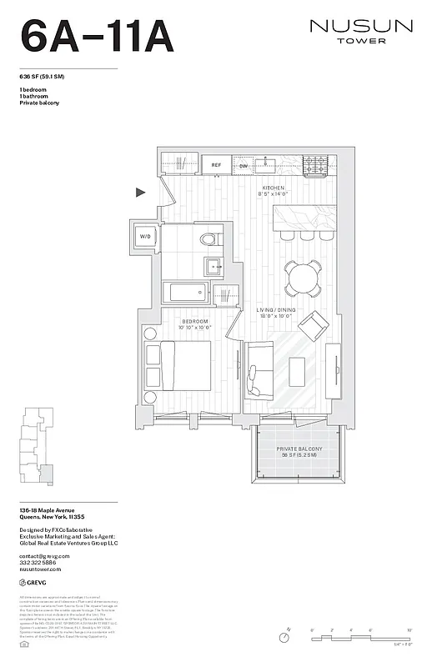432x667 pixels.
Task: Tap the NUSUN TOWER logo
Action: (361, 31)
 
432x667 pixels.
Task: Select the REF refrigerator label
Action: (215, 165)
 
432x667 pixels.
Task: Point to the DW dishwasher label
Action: (243, 165)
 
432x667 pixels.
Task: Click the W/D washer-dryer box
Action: (145, 237)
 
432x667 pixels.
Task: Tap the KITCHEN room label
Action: (274, 188)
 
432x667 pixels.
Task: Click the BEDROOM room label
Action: (197, 321)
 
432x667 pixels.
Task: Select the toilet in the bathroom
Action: (208, 240)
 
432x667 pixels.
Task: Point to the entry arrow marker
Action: (141, 193)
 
